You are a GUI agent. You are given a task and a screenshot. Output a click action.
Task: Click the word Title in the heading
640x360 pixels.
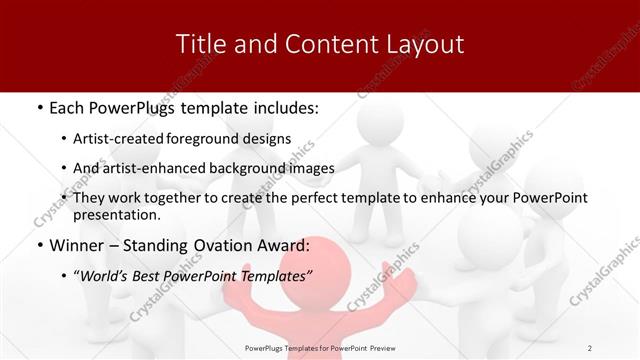[198, 44]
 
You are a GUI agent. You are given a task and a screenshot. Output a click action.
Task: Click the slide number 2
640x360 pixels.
[590, 347]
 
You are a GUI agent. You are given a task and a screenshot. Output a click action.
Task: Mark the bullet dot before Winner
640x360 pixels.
[38, 246]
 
